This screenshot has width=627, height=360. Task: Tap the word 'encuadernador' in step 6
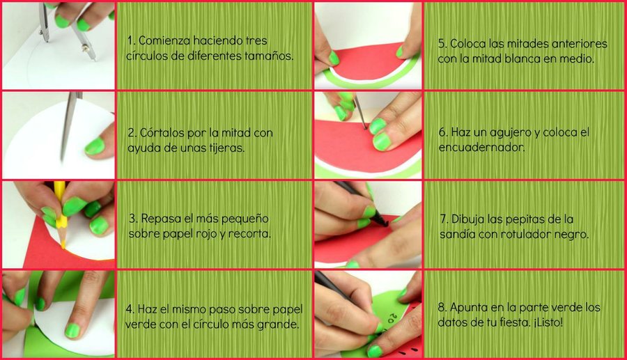(482, 148)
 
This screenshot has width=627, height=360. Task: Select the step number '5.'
(442, 44)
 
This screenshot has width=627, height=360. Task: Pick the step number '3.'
(134, 219)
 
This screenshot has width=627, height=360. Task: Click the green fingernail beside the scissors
(95, 146)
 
